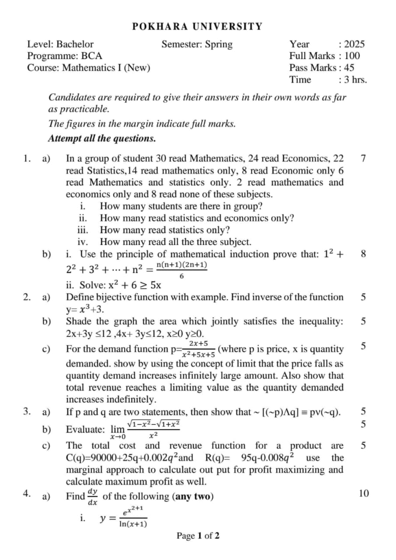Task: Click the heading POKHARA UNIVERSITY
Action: click(x=197, y=26)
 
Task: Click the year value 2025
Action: click(x=354, y=44)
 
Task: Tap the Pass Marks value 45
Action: click(x=349, y=68)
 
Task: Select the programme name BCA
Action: click(x=90, y=56)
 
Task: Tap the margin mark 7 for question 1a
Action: click(x=364, y=159)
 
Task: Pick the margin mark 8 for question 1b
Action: click(x=364, y=254)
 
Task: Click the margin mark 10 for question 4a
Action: click(x=364, y=494)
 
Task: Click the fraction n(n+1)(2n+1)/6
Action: click(x=182, y=270)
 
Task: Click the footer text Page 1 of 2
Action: click(x=197, y=536)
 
